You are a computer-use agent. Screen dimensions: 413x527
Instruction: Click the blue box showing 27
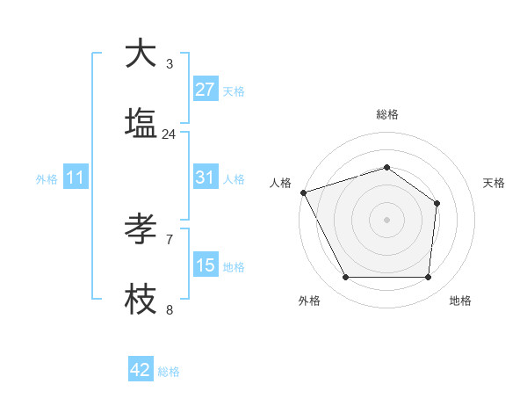[x=206, y=90]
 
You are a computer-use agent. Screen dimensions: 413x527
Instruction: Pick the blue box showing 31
[x=206, y=178]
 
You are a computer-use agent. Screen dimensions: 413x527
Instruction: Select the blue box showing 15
[x=206, y=265]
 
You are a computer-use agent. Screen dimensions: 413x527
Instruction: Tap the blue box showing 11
[x=76, y=178]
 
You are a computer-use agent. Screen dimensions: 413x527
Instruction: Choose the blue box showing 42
[x=141, y=370]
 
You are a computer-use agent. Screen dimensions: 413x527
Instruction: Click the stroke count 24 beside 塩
[x=169, y=134]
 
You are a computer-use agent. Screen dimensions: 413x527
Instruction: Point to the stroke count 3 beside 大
[x=169, y=64]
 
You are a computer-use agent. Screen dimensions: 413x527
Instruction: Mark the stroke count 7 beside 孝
[x=169, y=239]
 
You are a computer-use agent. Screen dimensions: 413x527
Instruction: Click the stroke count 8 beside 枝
[x=169, y=309]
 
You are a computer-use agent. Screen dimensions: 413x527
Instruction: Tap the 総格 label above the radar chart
[x=386, y=114]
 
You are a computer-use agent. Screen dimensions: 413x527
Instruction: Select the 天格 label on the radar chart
[x=494, y=183]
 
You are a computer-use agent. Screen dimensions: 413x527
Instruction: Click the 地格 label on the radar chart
[x=460, y=301]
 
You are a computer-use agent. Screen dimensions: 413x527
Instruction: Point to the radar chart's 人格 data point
[x=303, y=192]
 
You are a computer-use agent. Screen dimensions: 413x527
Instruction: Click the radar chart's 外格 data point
[x=345, y=278]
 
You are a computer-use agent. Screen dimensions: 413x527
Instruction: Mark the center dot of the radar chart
[x=386, y=219]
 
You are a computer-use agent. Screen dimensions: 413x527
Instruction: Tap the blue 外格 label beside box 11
[x=47, y=178]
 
